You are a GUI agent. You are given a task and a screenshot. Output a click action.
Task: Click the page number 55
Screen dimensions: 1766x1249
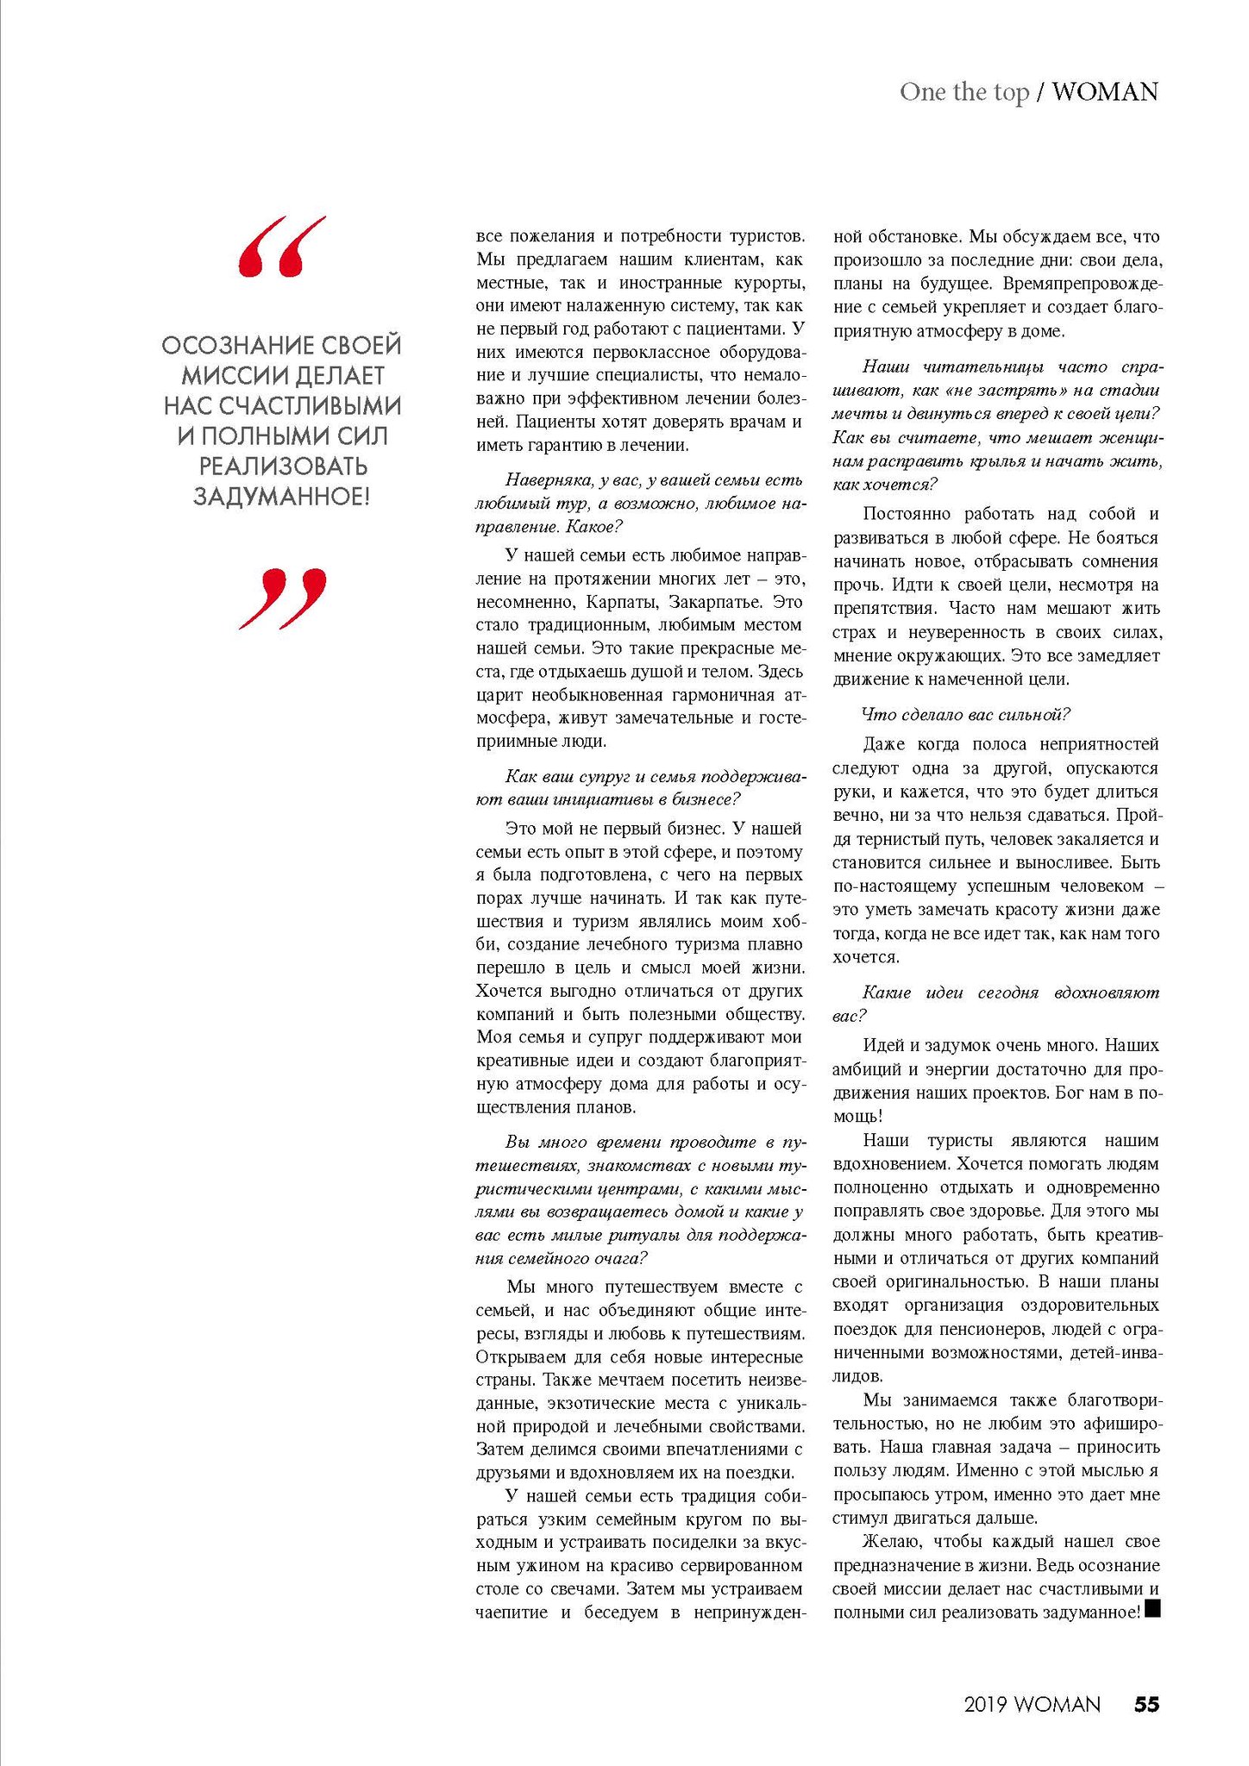coord(1146,1704)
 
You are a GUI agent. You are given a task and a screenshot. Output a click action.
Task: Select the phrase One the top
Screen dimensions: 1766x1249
coord(964,91)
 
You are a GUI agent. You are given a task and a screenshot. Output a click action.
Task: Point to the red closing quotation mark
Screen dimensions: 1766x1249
coord(283,598)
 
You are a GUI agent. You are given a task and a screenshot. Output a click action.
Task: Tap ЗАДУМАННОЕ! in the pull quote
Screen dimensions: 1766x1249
coord(281,497)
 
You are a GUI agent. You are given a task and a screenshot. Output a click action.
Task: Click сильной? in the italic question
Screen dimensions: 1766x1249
coord(1034,714)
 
